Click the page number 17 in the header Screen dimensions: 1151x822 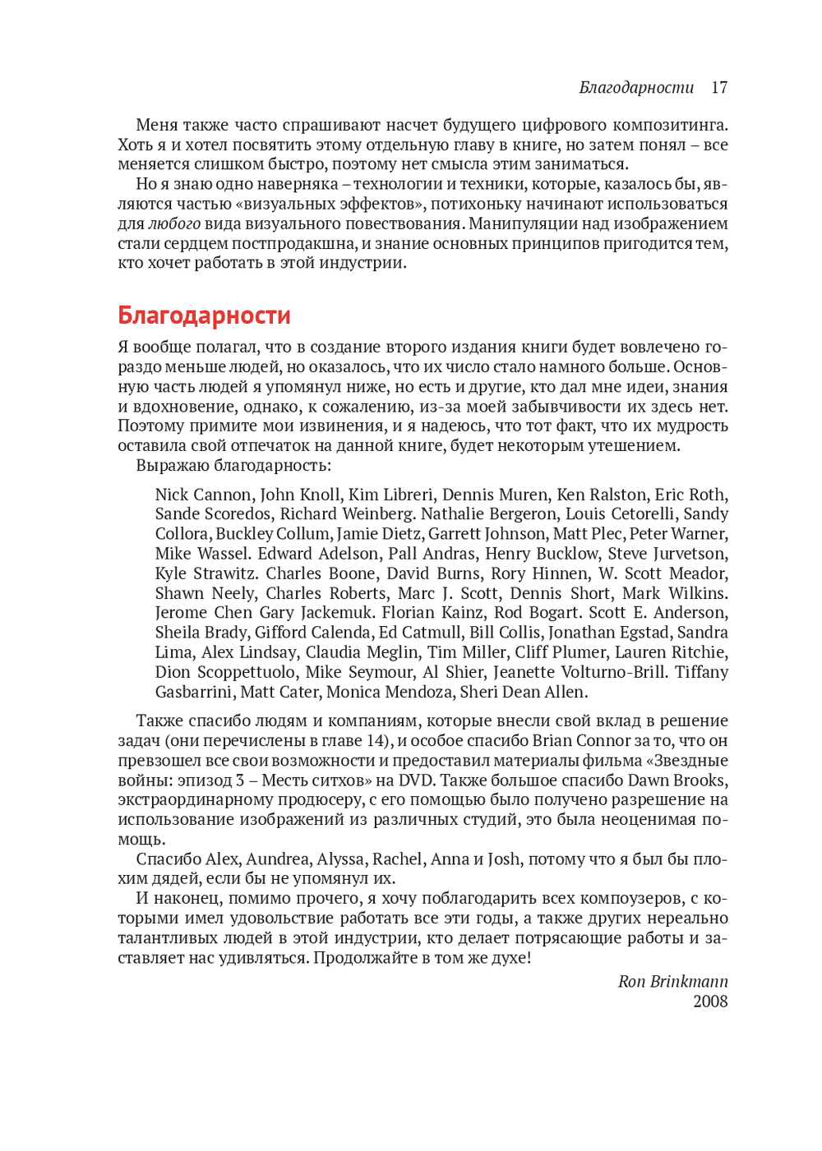point(719,88)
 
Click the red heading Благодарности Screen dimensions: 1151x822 point(204,315)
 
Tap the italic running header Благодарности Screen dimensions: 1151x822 point(636,88)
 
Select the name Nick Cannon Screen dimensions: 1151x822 point(203,495)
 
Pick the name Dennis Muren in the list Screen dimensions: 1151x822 point(495,495)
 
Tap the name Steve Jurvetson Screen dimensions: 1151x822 point(667,554)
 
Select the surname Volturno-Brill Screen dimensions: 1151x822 point(612,672)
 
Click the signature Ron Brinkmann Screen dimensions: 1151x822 point(672,982)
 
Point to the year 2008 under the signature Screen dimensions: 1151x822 point(710,1001)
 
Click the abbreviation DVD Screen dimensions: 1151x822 point(416,780)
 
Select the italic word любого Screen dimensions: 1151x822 point(174,223)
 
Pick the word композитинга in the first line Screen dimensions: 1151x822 point(667,126)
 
